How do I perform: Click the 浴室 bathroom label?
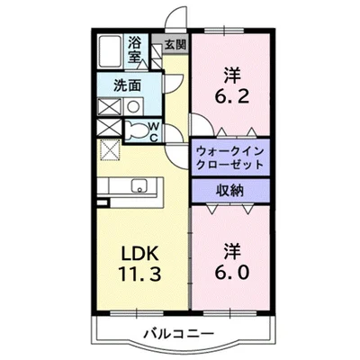coord(135,49)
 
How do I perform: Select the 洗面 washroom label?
coord(127,85)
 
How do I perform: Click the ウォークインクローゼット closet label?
coord(229,158)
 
